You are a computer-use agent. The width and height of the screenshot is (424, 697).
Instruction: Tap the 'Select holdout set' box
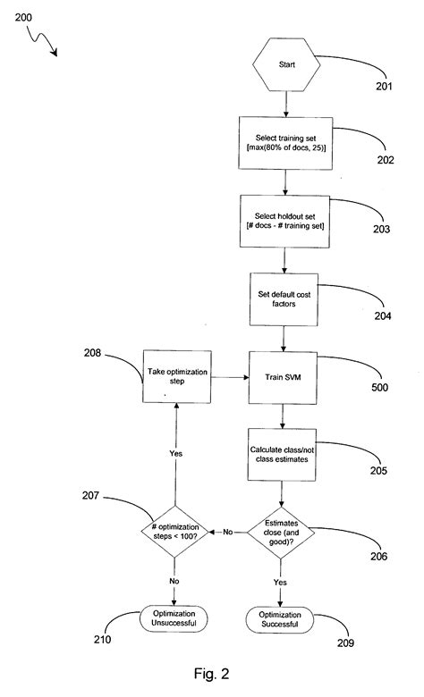tap(284, 221)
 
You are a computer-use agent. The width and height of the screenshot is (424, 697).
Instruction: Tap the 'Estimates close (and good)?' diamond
tap(284, 533)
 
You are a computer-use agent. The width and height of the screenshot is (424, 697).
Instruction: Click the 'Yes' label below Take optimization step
tap(177, 453)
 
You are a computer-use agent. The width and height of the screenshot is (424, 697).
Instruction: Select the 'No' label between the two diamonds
tap(229, 533)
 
